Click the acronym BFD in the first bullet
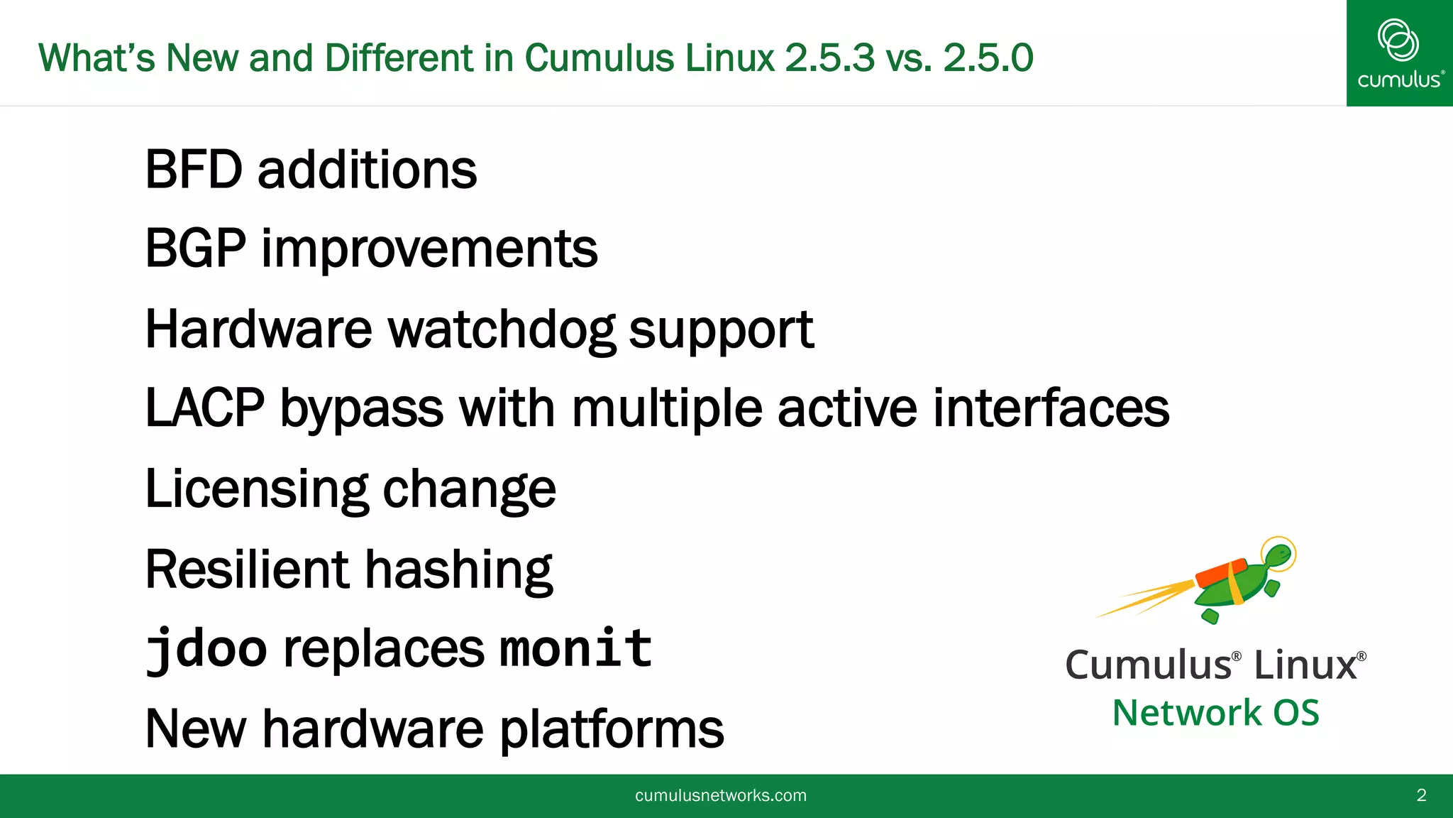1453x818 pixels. pyautogui.click(x=194, y=170)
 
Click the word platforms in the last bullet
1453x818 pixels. pyautogui.click(x=612, y=729)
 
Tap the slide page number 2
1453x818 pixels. pyautogui.click(x=1421, y=795)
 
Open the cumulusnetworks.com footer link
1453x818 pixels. pyautogui.click(x=720, y=795)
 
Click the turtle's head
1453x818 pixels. pyautogui.click(x=1278, y=555)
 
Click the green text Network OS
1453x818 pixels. pyautogui.click(x=1215, y=712)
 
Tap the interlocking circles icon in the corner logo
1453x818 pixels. pyautogui.click(x=1398, y=40)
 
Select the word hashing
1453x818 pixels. pyautogui.click(x=458, y=569)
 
